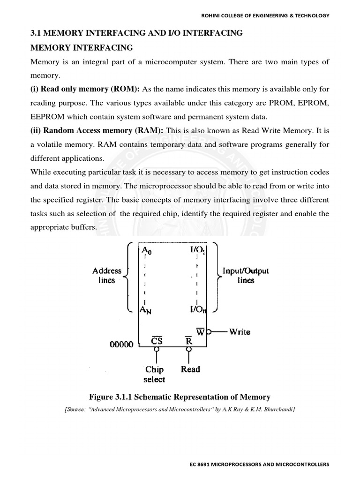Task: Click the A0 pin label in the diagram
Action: click(148, 250)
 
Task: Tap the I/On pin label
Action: click(198, 309)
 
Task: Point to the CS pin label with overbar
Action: click(157, 340)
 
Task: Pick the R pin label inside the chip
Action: click(189, 340)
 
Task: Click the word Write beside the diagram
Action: click(240, 332)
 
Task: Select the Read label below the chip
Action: click(190, 369)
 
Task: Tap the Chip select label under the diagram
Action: click(154, 374)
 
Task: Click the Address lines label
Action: click(107, 276)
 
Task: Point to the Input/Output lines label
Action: click(246, 276)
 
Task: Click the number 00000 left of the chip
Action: click(121, 345)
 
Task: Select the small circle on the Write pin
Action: click(210, 332)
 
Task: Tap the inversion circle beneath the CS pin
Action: click(157, 349)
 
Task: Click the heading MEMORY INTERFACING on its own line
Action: click(82, 48)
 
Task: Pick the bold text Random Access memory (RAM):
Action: click(97, 131)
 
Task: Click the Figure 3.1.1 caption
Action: click(180, 397)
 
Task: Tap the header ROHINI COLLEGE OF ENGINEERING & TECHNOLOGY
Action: click(265, 15)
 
